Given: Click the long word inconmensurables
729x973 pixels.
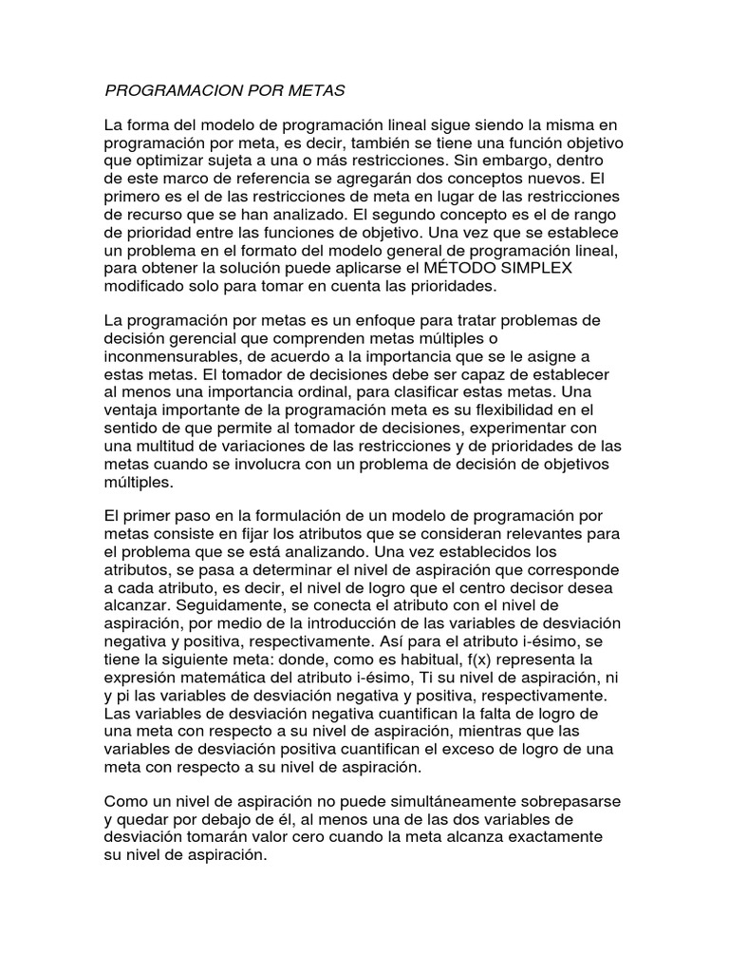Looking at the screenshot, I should click(x=172, y=356).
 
